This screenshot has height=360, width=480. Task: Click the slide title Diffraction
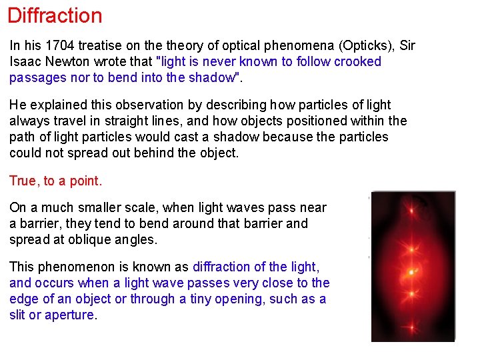[x=55, y=15]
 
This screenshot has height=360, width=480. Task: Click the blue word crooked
[x=357, y=61]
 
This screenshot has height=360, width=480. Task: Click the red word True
[x=23, y=181]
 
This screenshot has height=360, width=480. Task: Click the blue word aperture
[x=70, y=315]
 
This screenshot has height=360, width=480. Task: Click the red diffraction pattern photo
[x=413, y=266]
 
